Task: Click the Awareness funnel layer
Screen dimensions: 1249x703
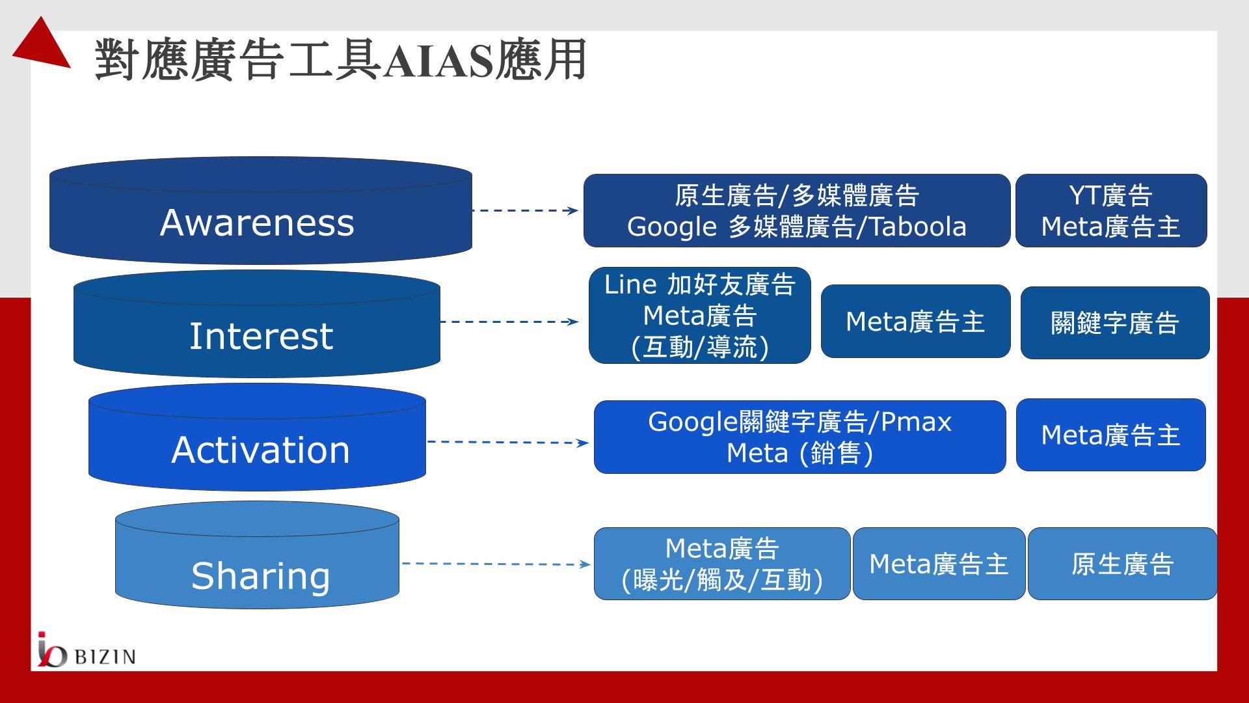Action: [260, 211]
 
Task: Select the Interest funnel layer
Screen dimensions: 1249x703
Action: [257, 324]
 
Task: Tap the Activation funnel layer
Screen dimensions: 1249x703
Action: [257, 437]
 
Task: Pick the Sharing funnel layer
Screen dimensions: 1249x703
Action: [257, 555]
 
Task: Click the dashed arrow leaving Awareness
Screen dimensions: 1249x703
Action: [526, 210]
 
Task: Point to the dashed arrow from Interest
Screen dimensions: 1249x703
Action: [509, 322]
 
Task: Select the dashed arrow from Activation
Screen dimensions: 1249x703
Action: [507, 443]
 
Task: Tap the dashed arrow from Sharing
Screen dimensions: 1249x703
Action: [496, 564]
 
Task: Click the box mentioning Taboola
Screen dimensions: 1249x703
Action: [797, 211]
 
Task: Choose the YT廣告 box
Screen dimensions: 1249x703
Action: [1111, 211]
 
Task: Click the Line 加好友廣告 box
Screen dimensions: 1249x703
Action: [700, 316]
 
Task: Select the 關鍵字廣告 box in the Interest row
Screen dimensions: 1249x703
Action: [1115, 323]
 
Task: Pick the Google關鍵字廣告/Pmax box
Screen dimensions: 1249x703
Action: [800, 437]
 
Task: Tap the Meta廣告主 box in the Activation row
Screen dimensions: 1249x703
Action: [1111, 435]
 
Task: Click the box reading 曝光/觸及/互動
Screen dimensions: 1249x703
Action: [722, 564]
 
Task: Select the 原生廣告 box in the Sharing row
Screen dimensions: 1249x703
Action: [1122, 564]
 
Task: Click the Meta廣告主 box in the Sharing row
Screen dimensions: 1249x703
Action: [939, 564]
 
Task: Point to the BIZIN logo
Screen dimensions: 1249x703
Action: [86, 650]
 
